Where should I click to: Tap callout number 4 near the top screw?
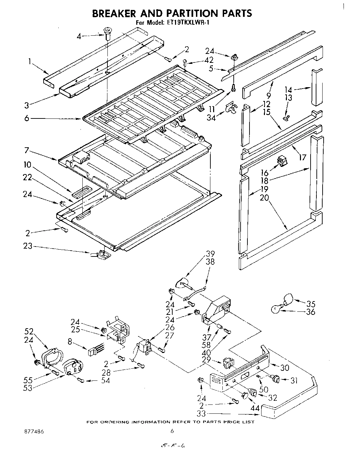[79, 36]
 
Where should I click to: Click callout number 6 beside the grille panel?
[26, 118]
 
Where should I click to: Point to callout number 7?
[26, 150]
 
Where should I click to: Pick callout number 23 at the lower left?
[27, 246]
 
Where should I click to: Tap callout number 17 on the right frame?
[302, 158]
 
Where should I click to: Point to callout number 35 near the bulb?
[311, 304]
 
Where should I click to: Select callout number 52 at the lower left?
[29, 331]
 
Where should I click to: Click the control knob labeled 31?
[275, 379]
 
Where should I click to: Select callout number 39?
[210, 254]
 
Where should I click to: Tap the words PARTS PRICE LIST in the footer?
[229, 422]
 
